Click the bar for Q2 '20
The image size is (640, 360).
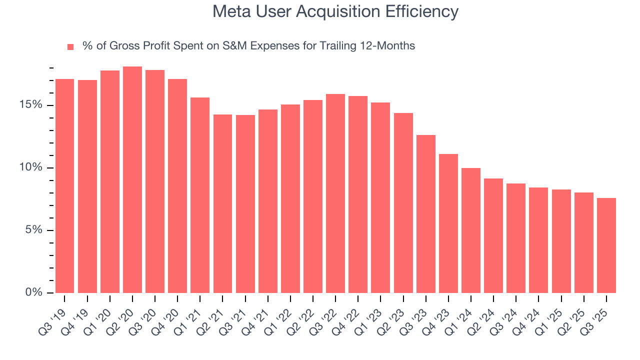pos(132,179)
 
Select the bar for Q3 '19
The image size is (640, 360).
pos(64,185)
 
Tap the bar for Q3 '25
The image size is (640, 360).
pos(606,245)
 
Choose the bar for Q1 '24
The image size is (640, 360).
pos(471,230)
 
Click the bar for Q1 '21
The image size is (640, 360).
pos(200,195)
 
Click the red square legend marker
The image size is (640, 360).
pos(70,46)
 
